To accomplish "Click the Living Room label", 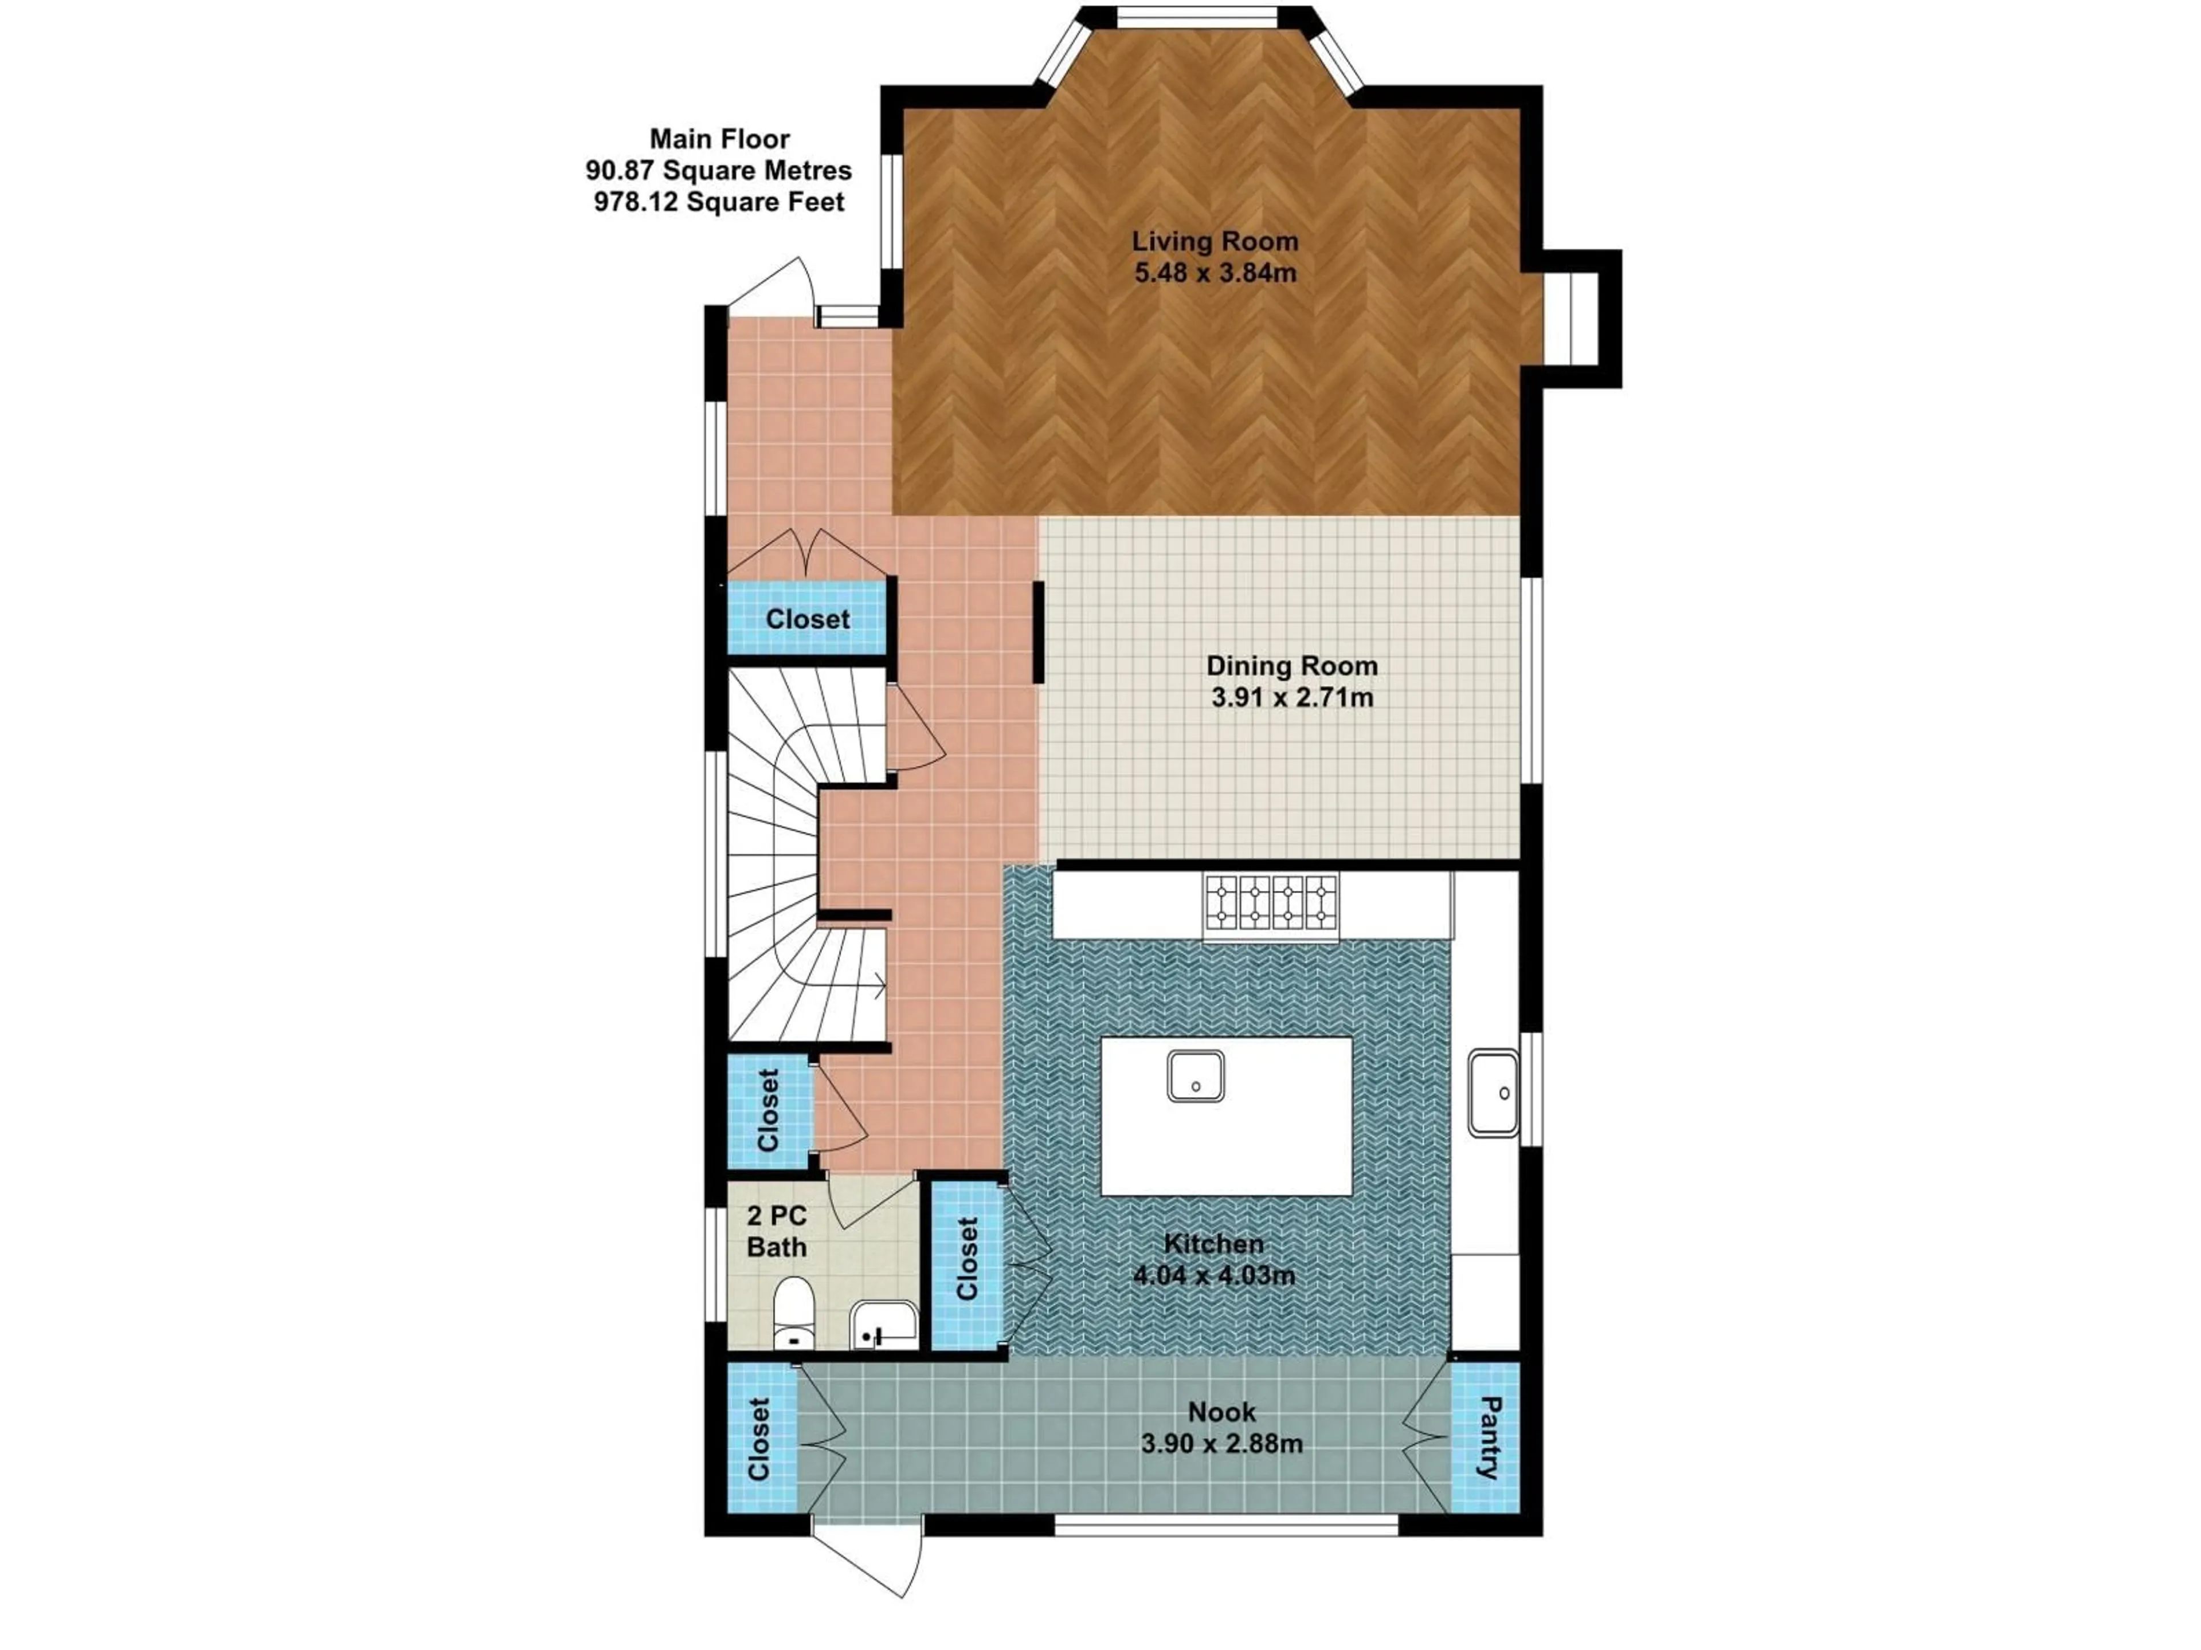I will pyautogui.click(x=1215, y=241).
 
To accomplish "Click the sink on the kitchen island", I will pyautogui.click(x=1195, y=1076).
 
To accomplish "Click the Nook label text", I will pyautogui.click(x=1221, y=1411).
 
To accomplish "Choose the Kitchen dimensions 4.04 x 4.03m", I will pyautogui.click(x=1214, y=1275).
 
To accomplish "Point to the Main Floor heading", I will pyautogui.click(x=719, y=139).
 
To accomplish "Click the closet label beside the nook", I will pyautogui.click(x=759, y=1439).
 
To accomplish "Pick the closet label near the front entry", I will pyautogui.click(x=807, y=619).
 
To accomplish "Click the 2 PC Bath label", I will pyautogui.click(x=776, y=1231).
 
